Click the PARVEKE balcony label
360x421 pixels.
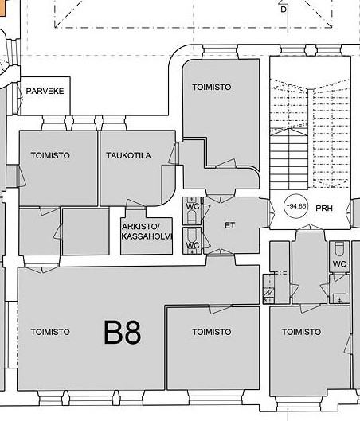45,91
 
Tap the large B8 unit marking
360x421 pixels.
123,333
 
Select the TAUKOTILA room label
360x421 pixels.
128,155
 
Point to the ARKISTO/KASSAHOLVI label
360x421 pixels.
147,232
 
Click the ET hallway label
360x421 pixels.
229,225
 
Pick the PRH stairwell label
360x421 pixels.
324,208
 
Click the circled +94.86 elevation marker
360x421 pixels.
296,206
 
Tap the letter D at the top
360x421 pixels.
284,10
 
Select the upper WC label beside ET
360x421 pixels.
193,206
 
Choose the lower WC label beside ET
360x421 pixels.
193,245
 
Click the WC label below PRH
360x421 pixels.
339,264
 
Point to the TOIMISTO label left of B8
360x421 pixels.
50,332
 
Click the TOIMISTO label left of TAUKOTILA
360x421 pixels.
50,155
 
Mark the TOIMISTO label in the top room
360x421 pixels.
212,87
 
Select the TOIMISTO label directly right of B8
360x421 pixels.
212,332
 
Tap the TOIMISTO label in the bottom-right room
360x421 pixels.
301,332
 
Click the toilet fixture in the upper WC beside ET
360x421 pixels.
192,216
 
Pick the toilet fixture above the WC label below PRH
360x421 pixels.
339,249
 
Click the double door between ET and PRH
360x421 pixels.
271,208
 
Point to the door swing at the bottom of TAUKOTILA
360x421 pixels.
136,204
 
